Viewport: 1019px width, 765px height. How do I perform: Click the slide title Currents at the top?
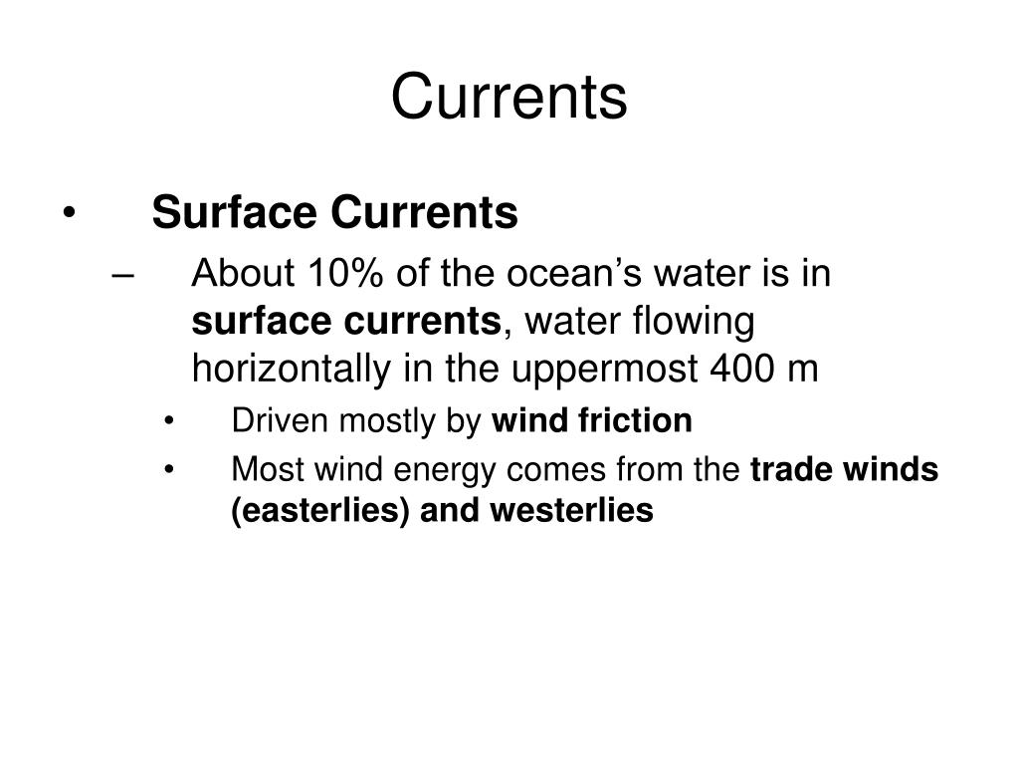(509, 98)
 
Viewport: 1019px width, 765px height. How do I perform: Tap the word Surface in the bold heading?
(235, 212)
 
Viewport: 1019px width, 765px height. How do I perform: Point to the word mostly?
(377, 421)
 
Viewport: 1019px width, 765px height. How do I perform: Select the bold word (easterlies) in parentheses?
(321, 511)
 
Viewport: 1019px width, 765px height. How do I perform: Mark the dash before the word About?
(124, 272)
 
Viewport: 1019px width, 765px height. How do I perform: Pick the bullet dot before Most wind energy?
(172, 469)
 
